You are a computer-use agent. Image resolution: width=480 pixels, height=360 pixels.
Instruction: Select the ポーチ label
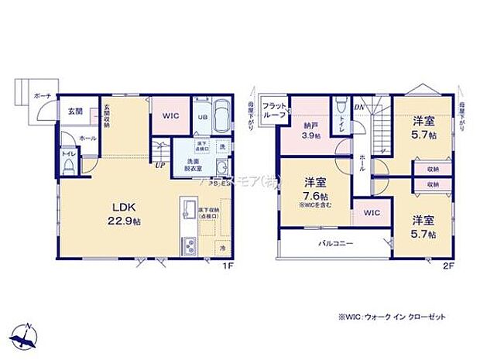(x=43, y=97)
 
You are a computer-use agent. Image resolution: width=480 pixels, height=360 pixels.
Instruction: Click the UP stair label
(x=159, y=164)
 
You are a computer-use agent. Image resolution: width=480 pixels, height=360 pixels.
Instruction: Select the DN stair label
(x=358, y=107)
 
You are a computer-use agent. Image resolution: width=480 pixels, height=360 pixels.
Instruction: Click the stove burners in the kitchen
(x=189, y=248)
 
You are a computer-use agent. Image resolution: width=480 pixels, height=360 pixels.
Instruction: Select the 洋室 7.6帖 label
(x=313, y=190)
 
